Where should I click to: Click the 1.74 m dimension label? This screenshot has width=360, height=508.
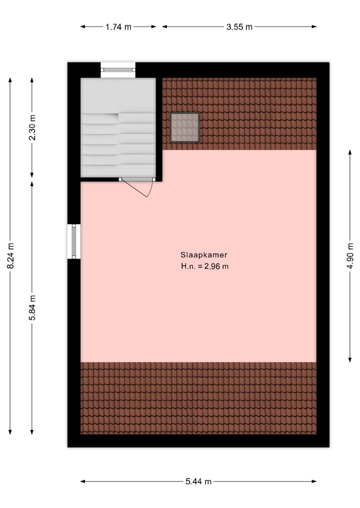pos(118,27)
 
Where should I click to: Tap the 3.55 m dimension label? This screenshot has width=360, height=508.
pos(239,27)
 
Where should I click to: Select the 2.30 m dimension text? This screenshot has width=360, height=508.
pos(32,128)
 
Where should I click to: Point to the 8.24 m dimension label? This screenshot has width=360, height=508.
pos(10,256)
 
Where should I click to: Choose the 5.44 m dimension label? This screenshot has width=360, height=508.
pos(198,482)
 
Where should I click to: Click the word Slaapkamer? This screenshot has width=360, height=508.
pos(205,254)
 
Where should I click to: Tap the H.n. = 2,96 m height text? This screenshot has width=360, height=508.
pos(205,267)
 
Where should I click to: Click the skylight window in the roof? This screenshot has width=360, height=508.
pos(185,127)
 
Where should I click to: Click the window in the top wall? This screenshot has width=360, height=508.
pos(118,69)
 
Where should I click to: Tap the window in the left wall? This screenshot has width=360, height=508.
pos(74,241)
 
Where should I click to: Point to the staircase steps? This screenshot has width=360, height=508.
pos(118,145)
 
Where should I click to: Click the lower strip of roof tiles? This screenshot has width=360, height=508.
pos(198,398)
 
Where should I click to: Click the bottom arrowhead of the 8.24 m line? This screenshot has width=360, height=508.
pos(10,432)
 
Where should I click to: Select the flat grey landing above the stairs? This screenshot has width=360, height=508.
pos(118,95)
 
